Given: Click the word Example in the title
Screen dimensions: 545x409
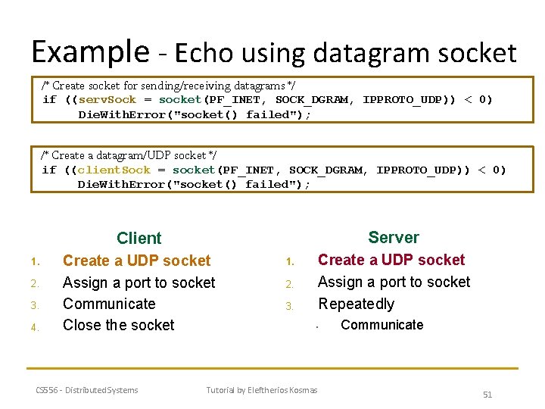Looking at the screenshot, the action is tap(90, 52).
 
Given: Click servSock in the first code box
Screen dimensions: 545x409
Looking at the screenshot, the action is tap(107, 100).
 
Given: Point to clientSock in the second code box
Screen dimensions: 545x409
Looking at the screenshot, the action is tap(114, 170).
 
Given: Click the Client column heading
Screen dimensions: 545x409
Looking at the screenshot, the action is tap(139, 239).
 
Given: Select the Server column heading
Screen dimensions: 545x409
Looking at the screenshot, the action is tap(393, 237).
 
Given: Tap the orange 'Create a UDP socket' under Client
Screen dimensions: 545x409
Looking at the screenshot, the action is tap(136, 261).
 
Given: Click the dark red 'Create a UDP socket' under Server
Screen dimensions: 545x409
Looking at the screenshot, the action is tap(391, 260).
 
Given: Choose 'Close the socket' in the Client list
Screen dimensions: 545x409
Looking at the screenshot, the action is tap(118, 325).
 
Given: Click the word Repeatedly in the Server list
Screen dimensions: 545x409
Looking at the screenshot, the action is tap(356, 304).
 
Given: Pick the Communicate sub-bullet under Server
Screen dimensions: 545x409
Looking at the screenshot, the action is tap(382, 325).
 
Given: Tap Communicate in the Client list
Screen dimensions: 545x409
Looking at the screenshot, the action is tap(109, 304).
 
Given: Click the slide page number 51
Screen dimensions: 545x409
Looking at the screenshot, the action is tap(487, 395).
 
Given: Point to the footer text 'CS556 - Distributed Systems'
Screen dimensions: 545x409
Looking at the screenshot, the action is tap(87, 390).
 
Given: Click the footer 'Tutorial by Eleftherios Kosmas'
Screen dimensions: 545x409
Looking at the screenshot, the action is tap(262, 390).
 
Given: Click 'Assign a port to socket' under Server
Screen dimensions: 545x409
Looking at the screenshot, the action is tap(394, 282).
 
